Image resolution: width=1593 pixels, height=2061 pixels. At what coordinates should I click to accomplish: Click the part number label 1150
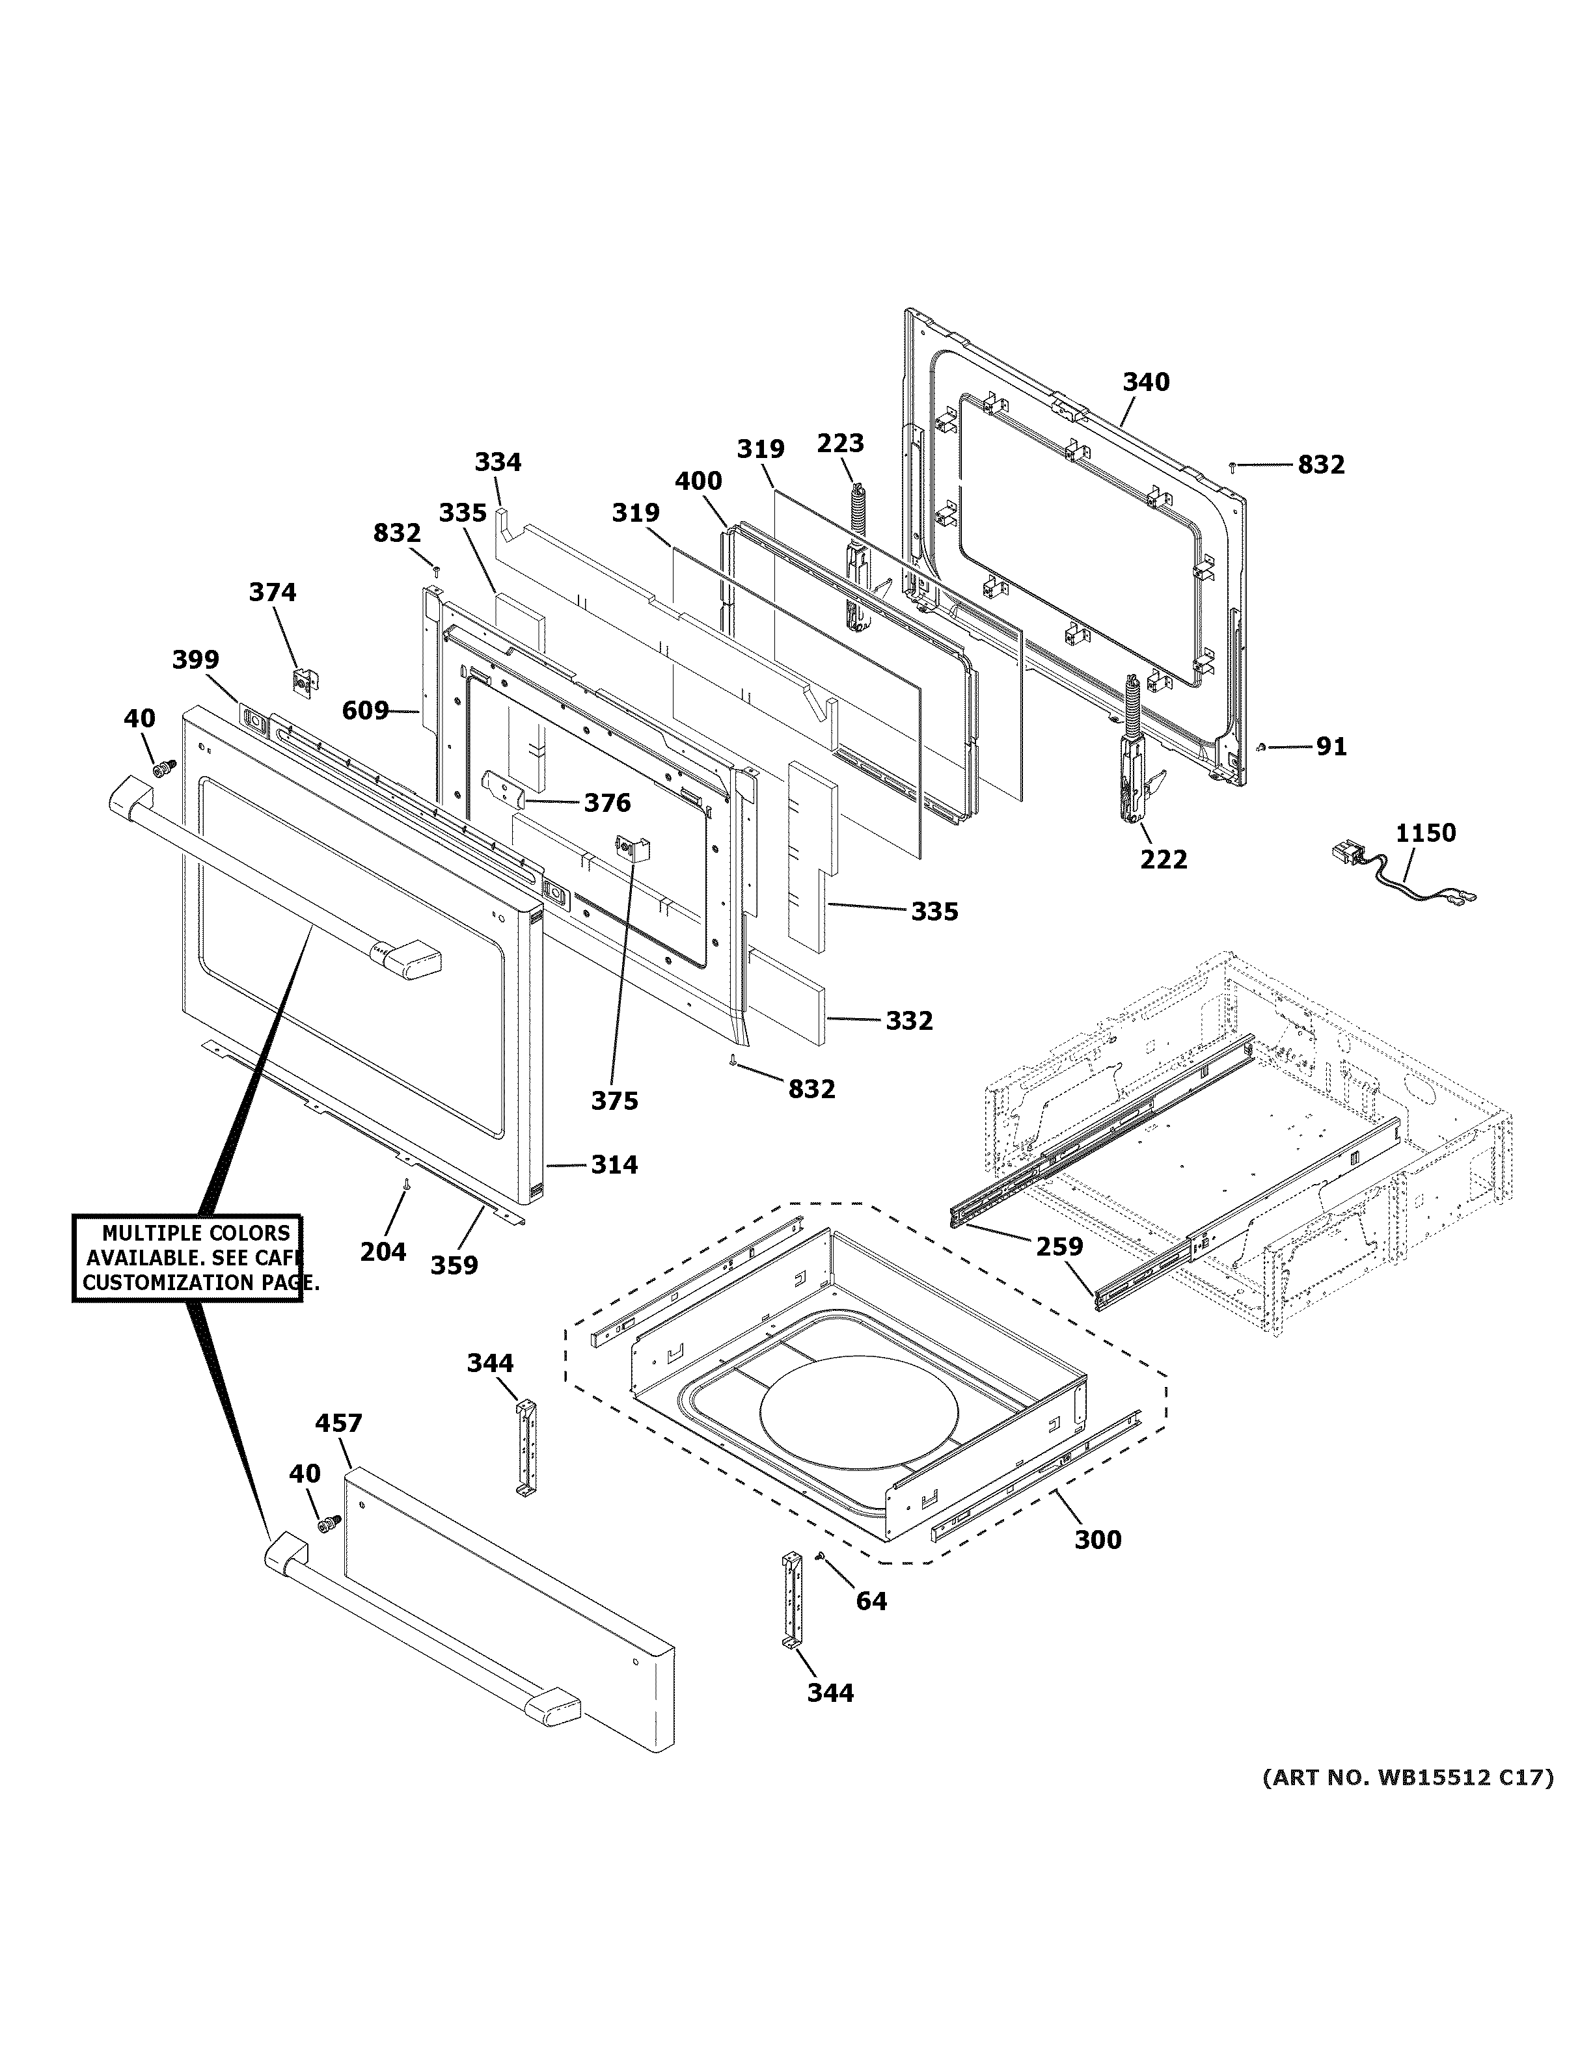point(1425,833)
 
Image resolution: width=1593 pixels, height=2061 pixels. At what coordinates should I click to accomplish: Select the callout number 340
point(1146,382)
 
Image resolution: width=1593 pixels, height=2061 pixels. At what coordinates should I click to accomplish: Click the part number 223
point(840,442)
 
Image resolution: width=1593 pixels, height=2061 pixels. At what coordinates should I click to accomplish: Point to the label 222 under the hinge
point(1164,859)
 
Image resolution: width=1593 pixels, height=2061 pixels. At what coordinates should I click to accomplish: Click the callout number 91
point(1331,746)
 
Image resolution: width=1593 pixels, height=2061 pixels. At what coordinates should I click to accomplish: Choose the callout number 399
point(195,660)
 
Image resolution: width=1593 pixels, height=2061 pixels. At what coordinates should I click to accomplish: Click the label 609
point(365,710)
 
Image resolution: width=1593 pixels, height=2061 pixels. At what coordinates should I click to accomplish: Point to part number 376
point(607,803)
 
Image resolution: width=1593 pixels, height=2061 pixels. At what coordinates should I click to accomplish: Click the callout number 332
point(909,1021)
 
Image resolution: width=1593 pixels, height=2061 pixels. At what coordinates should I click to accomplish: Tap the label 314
point(614,1165)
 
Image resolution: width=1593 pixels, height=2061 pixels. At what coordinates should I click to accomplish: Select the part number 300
point(1098,1540)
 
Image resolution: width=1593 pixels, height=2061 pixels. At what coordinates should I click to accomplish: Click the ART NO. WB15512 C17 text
point(1407,1778)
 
